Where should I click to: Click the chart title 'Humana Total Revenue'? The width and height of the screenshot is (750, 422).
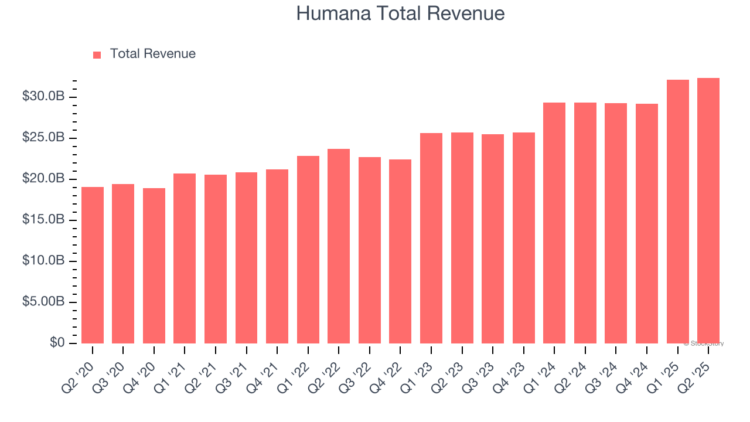pyautogui.click(x=400, y=13)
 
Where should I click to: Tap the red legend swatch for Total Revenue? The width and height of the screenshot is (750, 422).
pyautogui.click(x=97, y=55)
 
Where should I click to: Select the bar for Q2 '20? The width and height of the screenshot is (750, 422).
pyautogui.click(x=93, y=265)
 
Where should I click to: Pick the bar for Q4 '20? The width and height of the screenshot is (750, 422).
pyautogui.click(x=154, y=266)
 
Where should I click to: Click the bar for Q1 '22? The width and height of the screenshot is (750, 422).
pyautogui.click(x=308, y=250)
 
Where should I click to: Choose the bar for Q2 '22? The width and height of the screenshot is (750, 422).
pyautogui.click(x=339, y=246)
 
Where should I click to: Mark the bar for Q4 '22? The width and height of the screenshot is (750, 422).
pyautogui.click(x=400, y=251)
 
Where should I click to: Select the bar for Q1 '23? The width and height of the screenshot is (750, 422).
pyautogui.click(x=431, y=238)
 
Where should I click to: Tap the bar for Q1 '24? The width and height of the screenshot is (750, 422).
pyautogui.click(x=554, y=223)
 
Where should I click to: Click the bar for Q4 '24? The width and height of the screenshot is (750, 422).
pyautogui.click(x=647, y=223)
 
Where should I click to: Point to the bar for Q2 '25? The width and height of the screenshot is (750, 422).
pyautogui.click(x=708, y=210)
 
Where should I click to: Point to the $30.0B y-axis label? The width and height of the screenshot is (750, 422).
pyautogui.click(x=43, y=96)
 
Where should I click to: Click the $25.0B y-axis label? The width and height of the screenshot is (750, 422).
pyautogui.click(x=43, y=137)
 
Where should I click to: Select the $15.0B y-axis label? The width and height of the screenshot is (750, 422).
pyautogui.click(x=43, y=219)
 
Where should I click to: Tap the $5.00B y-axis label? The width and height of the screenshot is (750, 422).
pyautogui.click(x=43, y=302)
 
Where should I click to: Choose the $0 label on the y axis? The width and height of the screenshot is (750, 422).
pyautogui.click(x=57, y=343)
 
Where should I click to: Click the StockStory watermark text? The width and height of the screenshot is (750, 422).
pyautogui.click(x=704, y=343)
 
